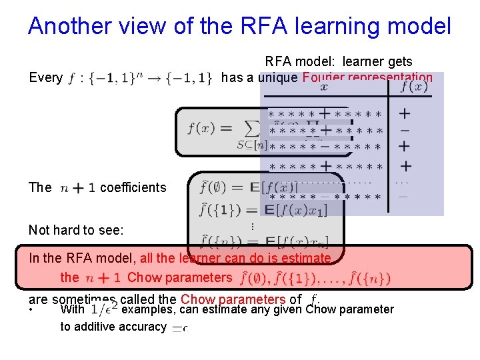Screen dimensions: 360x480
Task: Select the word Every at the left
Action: pos(45,77)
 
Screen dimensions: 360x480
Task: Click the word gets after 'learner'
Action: pos(399,61)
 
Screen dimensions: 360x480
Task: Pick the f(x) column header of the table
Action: pos(413,87)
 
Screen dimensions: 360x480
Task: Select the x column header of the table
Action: pos(324,87)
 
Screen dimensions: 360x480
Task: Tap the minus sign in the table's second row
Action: pos(405,130)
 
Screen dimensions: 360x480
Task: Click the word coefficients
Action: pos(133,187)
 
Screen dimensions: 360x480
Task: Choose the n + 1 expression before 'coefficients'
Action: pos(77,188)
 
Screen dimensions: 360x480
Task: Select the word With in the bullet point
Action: pos(72,309)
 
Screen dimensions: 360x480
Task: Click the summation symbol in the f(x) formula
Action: pos(252,128)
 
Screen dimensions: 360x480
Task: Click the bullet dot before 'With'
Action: pos(31,311)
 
